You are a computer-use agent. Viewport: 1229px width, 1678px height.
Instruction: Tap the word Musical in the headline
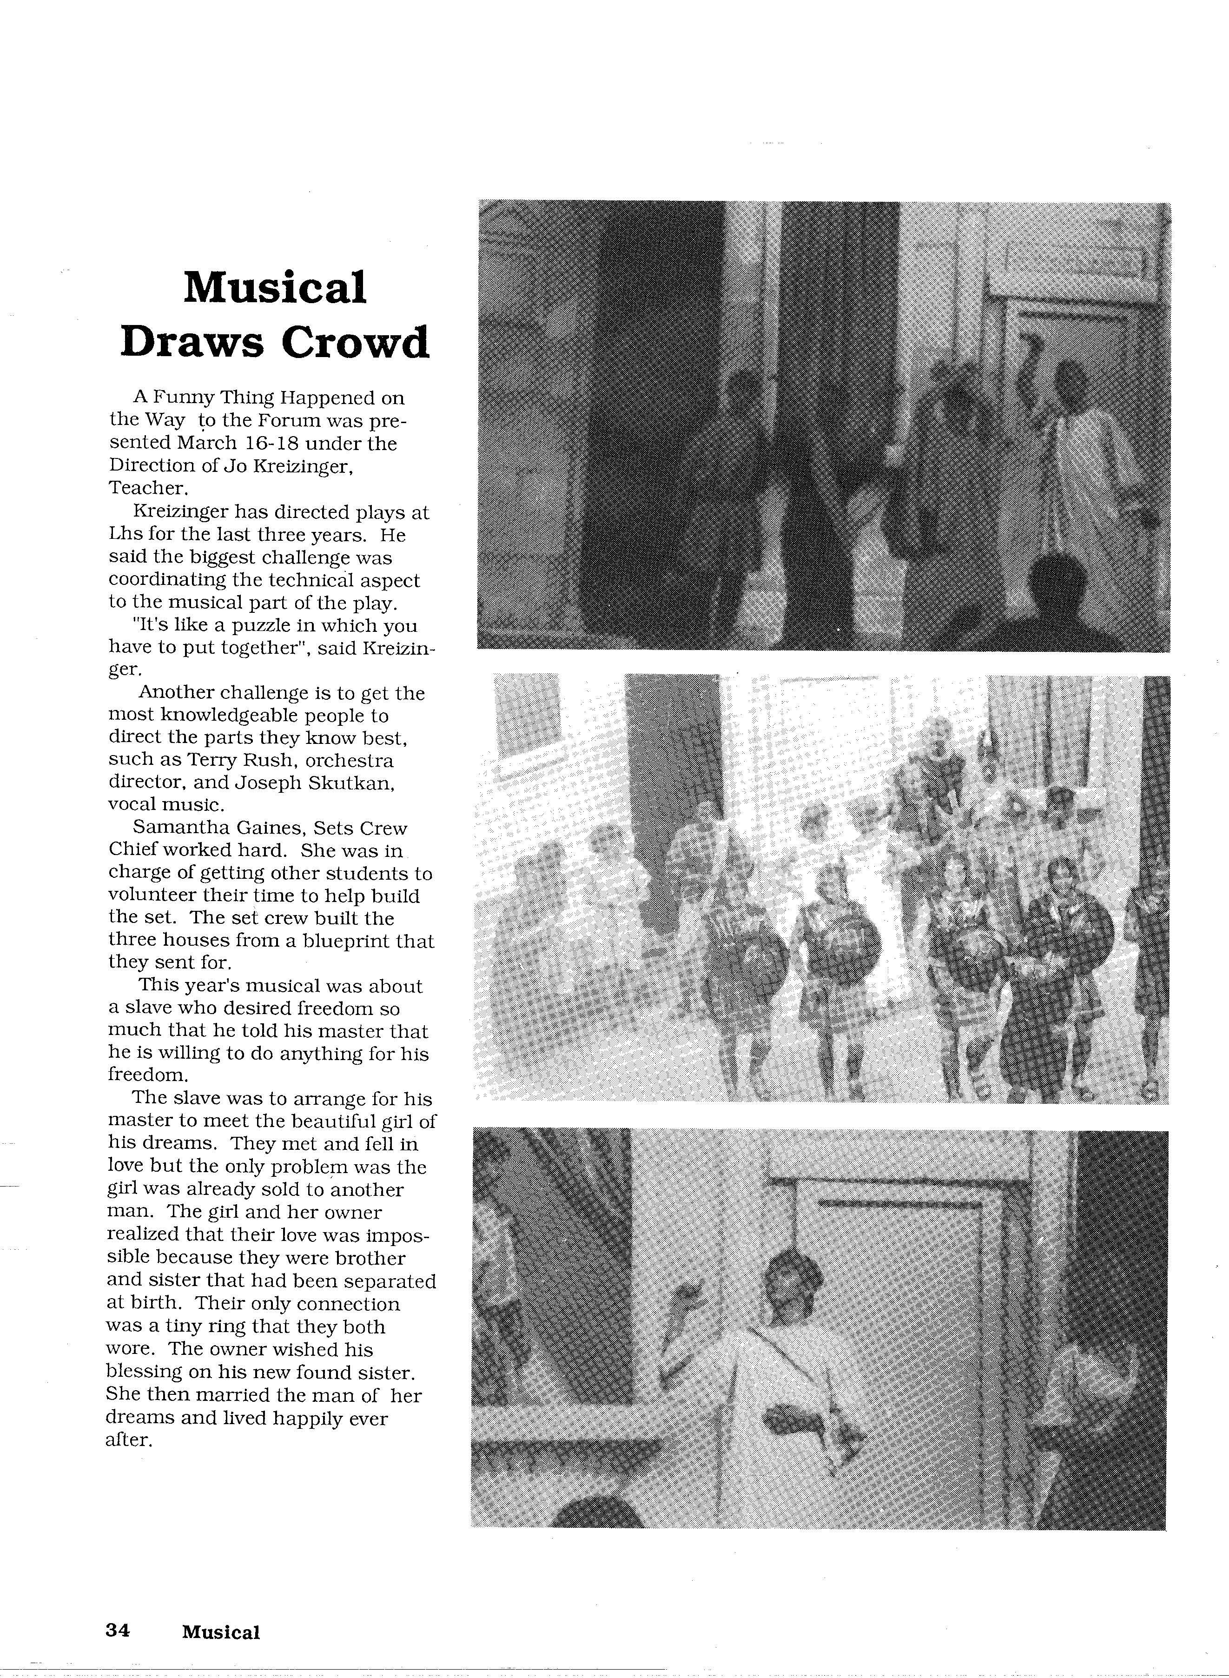(275, 287)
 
